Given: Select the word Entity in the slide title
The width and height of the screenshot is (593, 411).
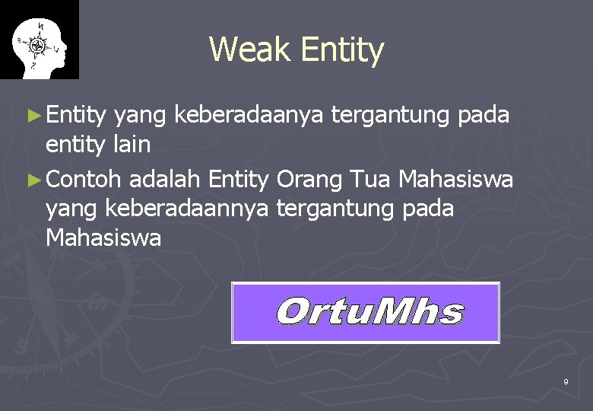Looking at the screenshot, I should (x=342, y=50).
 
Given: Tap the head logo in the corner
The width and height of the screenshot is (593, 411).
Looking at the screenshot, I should (x=39, y=40).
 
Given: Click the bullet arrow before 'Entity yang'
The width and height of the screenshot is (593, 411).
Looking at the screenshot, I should (x=33, y=116).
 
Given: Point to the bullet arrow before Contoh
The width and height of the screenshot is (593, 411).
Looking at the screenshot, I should (x=33, y=180).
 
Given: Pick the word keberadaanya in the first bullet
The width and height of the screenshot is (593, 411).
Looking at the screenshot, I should (x=248, y=116).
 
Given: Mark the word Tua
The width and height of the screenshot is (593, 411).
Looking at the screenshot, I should (x=372, y=180).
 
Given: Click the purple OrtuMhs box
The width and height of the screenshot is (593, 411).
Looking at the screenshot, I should (x=366, y=313).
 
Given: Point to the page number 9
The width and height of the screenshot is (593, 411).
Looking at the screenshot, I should (x=566, y=381).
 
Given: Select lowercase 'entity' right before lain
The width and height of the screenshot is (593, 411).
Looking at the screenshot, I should (x=74, y=144).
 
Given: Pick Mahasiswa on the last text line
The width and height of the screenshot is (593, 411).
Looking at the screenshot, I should (x=103, y=238).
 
